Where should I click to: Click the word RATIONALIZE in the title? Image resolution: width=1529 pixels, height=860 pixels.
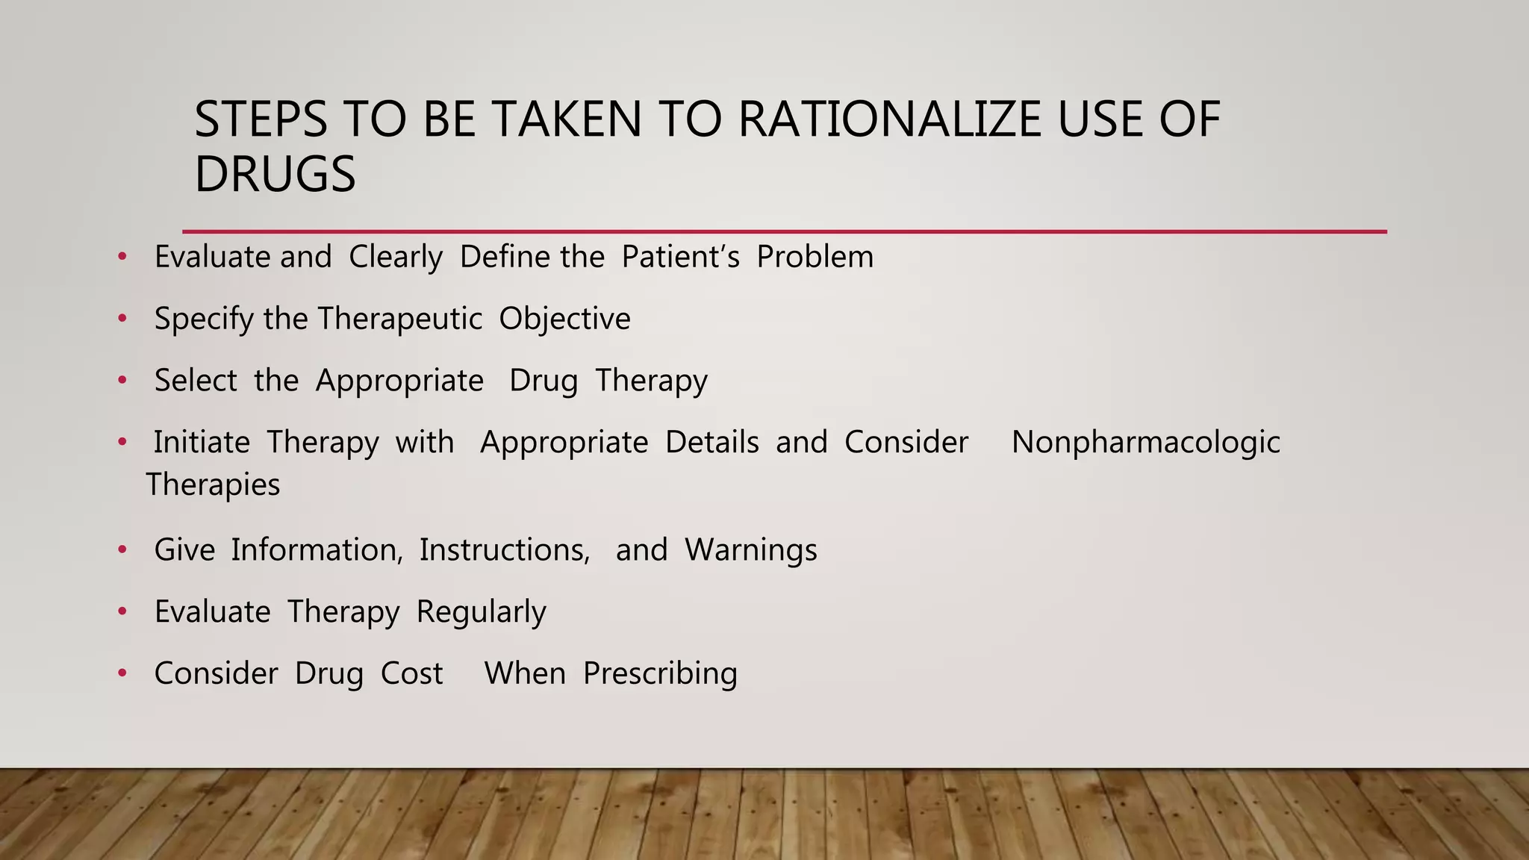pyautogui.click(x=888, y=119)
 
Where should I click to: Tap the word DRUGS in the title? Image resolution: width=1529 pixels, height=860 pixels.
pyautogui.click(x=275, y=175)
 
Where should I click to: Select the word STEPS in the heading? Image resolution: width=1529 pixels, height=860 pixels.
pyautogui.click(x=261, y=119)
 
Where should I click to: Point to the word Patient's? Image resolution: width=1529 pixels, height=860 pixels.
pyautogui.click(x=680, y=257)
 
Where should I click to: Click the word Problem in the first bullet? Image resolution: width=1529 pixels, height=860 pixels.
pyautogui.click(x=815, y=257)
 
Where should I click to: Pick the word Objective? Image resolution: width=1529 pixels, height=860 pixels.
pyautogui.click(x=564, y=319)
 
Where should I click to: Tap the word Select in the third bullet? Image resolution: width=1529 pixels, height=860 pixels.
pyautogui.click(x=196, y=381)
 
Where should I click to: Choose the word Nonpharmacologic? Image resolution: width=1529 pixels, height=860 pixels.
pyautogui.click(x=1145, y=442)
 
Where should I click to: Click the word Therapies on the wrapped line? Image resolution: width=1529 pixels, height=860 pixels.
pyautogui.click(x=214, y=484)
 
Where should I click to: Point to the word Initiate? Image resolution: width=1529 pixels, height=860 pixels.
pyautogui.click(x=202, y=442)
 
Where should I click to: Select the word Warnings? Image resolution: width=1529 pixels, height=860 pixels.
pyautogui.click(x=751, y=550)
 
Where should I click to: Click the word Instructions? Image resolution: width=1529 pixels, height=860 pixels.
pyautogui.click(x=505, y=550)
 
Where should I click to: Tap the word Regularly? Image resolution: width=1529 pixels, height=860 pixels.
pyautogui.click(x=482, y=612)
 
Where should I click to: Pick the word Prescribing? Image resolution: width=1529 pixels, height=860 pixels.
pyautogui.click(x=660, y=673)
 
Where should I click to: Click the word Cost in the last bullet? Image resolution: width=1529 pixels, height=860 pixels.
pyautogui.click(x=411, y=673)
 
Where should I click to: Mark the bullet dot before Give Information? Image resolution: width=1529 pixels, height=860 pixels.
pyautogui.click(x=122, y=551)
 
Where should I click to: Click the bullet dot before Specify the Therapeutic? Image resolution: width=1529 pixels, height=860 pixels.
pyautogui.click(x=122, y=320)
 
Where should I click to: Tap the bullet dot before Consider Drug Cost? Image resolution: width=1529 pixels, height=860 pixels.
pyautogui.click(x=122, y=674)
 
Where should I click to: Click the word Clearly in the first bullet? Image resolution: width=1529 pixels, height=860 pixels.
pyautogui.click(x=396, y=257)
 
